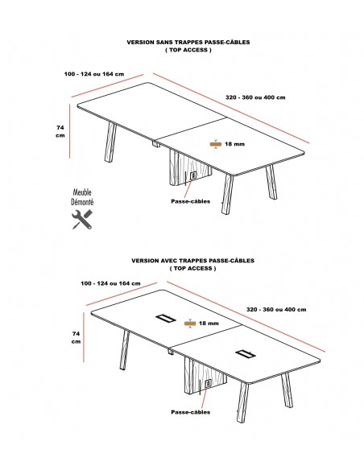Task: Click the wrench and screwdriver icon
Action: pyautogui.click(x=82, y=220)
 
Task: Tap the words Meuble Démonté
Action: pyautogui.click(x=82, y=197)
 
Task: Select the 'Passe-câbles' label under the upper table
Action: pyautogui.click(x=190, y=201)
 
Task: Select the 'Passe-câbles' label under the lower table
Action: pyautogui.click(x=190, y=412)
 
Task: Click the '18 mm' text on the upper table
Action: pyautogui.click(x=234, y=144)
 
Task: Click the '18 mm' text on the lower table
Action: pyautogui.click(x=209, y=324)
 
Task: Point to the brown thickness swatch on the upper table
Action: pyautogui.click(x=216, y=144)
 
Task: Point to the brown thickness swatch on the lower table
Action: pyautogui.click(x=190, y=324)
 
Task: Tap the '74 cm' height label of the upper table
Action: pyautogui.click(x=60, y=131)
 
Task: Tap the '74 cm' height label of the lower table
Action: pyautogui.click(x=77, y=337)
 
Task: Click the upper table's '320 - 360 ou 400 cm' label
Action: pyautogui.click(x=255, y=97)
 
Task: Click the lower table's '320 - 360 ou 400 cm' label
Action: pyautogui.click(x=276, y=309)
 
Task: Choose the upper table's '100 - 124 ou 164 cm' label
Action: pyautogui.click(x=94, y=74)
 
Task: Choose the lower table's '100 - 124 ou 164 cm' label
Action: pyautogui.click(x=110, y=283)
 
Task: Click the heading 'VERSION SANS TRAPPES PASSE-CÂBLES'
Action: pyautogui.click(x=188, y=43)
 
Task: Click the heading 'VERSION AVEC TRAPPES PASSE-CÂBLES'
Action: pyautogui.click(x=192, y=261)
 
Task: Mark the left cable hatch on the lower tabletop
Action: pyautogui.click(x=166, y=318)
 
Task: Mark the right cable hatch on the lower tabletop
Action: pyautogui.click(x=246, y=353)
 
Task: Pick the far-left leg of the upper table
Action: pyautogui.click(x=110, y=142)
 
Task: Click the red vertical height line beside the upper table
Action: pyautogui.click(x=69, y=131)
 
